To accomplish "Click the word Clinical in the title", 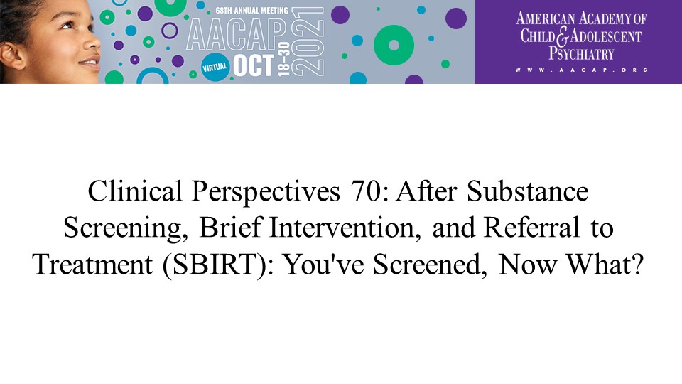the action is click(x=135, y=191).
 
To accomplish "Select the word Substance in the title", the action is click(x=528, y=191).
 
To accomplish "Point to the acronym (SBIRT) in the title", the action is click(x=214, y=265).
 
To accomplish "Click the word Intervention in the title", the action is click(x=342, y=228).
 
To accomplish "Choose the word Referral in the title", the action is click(x=531, y=228).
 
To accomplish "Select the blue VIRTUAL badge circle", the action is click(x=215, y=67).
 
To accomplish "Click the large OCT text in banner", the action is click(x=254, y=65).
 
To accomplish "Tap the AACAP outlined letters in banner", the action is click(x=237, y=36).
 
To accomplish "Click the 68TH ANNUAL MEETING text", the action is click(x=251, y=10).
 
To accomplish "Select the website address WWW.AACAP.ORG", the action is click(x=582, y=70).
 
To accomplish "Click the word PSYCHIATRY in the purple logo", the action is click(x=581, y=54).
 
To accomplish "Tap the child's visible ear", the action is click(x=12, y=55).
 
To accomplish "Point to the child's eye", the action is click(x=67, y=26).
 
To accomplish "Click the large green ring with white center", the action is click(x=394, y=46).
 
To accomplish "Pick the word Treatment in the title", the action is click(x=92, y=265).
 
